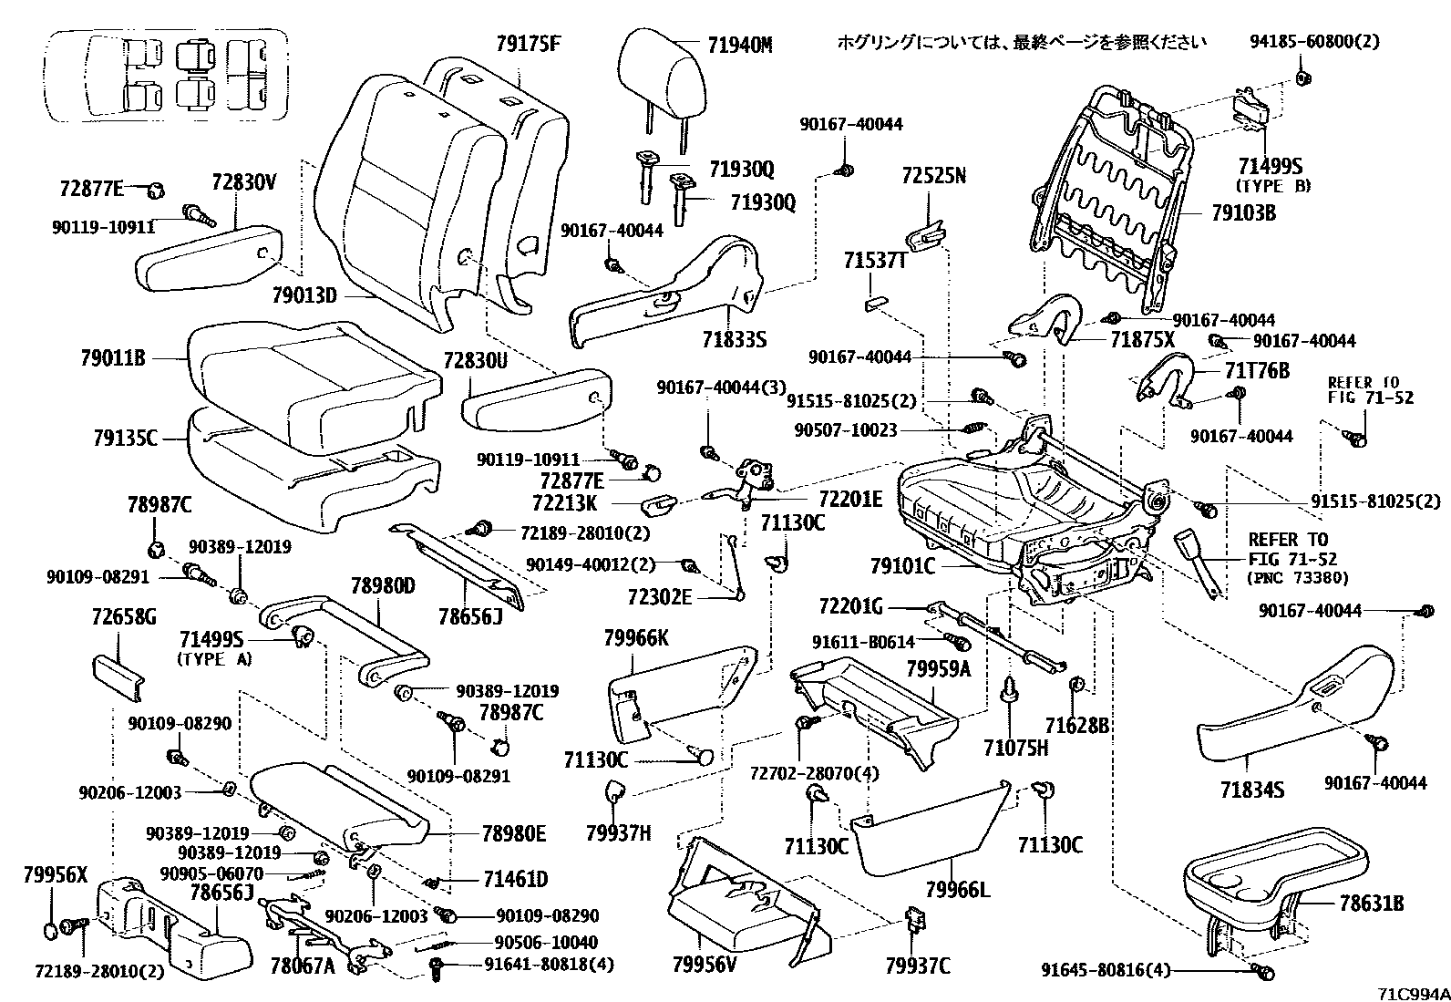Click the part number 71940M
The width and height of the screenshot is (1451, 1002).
pyautogui.click(x=739, y=44)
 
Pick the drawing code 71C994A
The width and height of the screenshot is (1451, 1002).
pyautogui.click(x=1412, y=992)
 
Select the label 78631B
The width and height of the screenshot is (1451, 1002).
pyautogui.click(x=1371, y=904)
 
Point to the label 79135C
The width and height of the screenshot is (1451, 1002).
pyautogui.click(x=125, y=439)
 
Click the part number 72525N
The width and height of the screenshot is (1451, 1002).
pyautogui.click(x=933, y=175)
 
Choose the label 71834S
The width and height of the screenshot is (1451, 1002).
pyautogui.click(x=1253, y=789)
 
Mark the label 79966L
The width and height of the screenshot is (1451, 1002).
pyautogui.click(x=958, y=889)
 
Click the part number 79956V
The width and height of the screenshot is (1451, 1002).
pyautogui.click(x=704, y=963)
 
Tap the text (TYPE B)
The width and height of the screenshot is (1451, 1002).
pyautogui.click(x=1272, y=186)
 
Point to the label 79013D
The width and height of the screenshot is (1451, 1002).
pyautogui.click(x=304, y=294)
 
